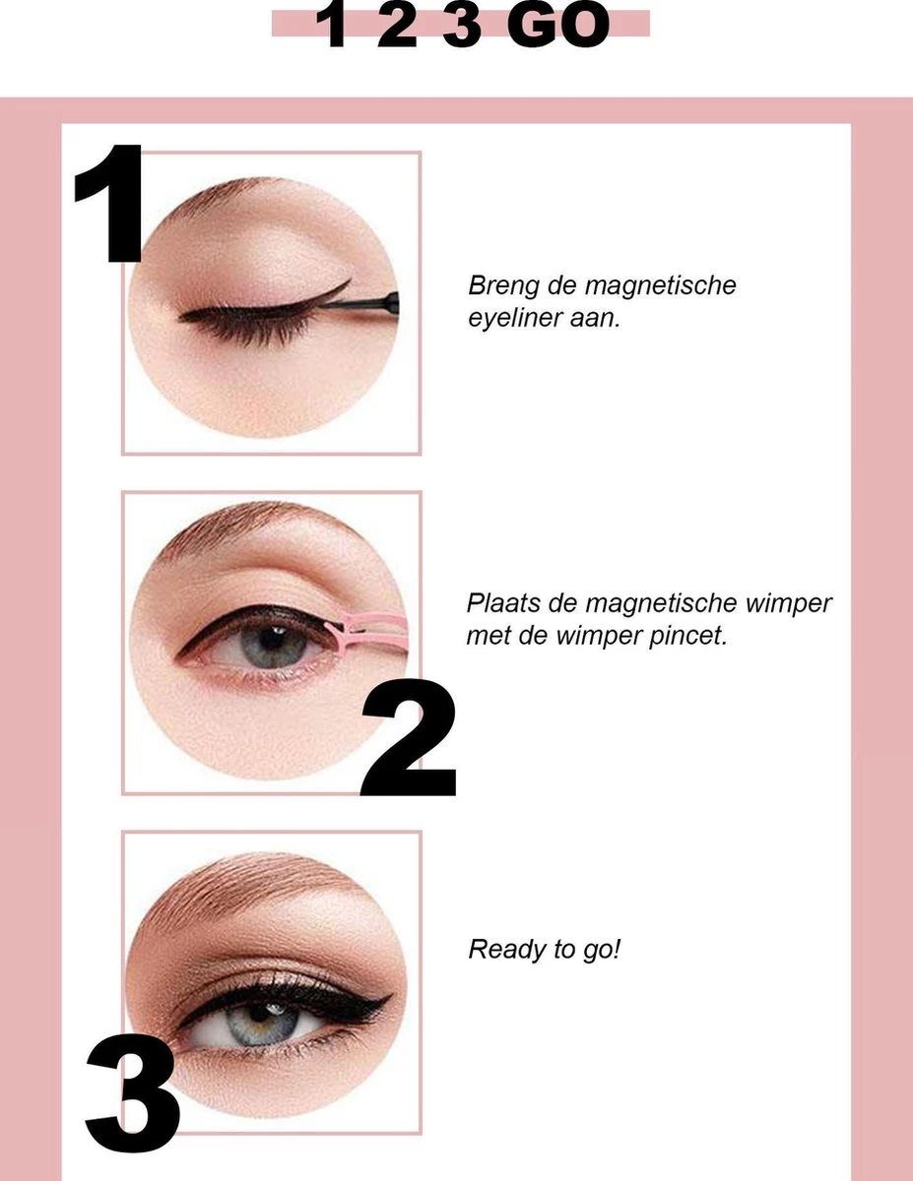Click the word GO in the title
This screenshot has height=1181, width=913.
558,27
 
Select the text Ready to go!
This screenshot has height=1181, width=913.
545,951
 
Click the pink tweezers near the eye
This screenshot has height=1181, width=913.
372,626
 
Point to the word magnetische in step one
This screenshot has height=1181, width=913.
660,286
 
